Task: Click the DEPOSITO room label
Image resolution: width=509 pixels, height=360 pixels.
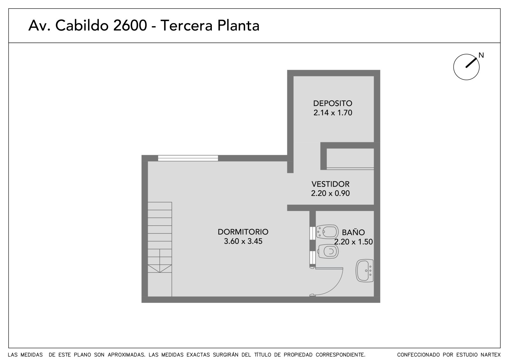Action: coord(333,103)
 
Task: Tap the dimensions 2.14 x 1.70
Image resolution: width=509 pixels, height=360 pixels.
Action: coord(333,113)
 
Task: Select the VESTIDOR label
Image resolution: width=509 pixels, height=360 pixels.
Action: coord(331,184)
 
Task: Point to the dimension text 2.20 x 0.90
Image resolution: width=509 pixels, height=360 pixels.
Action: coord(331,193)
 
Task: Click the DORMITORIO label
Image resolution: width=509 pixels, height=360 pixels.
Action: coord(243,232)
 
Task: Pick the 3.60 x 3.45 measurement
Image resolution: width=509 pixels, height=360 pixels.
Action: coord(243,241)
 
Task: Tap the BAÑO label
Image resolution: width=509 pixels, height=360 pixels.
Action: coord(353,232)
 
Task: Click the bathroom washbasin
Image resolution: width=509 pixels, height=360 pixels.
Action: coord(365,271)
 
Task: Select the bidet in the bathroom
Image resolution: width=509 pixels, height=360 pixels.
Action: coord(327,232)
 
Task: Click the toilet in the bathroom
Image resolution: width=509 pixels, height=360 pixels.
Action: coord(328,251)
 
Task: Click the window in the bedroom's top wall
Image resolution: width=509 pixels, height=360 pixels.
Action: coord(188,158)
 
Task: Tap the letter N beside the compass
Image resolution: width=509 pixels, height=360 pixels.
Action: coord(481,55)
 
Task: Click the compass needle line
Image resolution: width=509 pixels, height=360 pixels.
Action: coord(471,63)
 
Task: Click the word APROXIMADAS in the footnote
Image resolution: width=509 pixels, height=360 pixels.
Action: coord(127,355)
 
